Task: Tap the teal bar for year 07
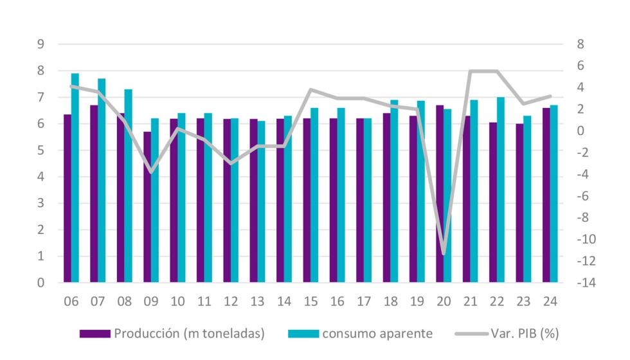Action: pyautogui.click(x=102, y=181)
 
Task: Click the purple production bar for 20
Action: pyautogui.click(x=440, y=194)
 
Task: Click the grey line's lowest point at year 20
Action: pyautogui.click(x=444, y=253)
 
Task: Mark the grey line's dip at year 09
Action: pyautogui.click(x=151, y=172)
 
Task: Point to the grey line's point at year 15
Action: pyautogui.click(x=310, y=89)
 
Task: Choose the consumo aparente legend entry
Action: pyautogui.click(x=359, y=333)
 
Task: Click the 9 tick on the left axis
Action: pyautogui.click(x=40, y=44)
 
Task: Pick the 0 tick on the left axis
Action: pyautogui.click(x=40, y=283)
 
